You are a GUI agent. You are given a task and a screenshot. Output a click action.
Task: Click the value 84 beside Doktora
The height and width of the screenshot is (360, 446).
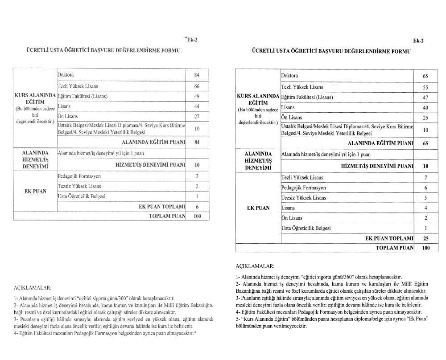click(197, 74)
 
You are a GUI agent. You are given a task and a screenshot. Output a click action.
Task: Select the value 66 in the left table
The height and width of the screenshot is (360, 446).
click(197, 86)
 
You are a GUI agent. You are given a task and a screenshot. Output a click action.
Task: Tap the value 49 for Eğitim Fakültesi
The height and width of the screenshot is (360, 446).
click(197, 96)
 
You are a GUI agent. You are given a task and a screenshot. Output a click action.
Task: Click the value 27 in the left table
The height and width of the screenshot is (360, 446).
click(197, 117)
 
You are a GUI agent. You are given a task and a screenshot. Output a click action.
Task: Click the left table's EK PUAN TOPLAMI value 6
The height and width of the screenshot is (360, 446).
click(197, 207)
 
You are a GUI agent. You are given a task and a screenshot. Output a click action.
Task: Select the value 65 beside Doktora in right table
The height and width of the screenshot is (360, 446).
click(425, 76)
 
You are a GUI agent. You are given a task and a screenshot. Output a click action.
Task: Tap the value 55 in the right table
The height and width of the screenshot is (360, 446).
click(425, 87)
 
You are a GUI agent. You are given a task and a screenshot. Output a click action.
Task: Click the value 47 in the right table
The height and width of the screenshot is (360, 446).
click(425, 98)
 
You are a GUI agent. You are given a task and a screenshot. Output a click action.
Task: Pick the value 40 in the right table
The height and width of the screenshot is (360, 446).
click(425, 108)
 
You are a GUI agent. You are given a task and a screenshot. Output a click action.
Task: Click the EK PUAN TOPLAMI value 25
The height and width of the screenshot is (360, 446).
click(425, 238)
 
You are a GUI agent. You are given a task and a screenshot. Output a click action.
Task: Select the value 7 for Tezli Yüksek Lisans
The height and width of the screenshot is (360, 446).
click(425, 178)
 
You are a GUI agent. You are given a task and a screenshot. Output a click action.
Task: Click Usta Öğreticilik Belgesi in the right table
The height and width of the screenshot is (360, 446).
click(306, 229)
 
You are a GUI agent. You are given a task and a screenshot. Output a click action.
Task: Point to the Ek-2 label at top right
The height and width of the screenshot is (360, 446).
click(418, 41)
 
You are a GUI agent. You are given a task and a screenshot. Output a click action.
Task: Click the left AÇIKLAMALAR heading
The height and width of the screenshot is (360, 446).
click(33, 288)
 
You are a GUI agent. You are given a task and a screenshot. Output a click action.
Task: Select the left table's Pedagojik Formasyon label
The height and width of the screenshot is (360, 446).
click(79, 176)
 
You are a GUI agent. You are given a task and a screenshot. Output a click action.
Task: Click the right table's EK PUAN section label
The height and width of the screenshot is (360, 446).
click(258, 208)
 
